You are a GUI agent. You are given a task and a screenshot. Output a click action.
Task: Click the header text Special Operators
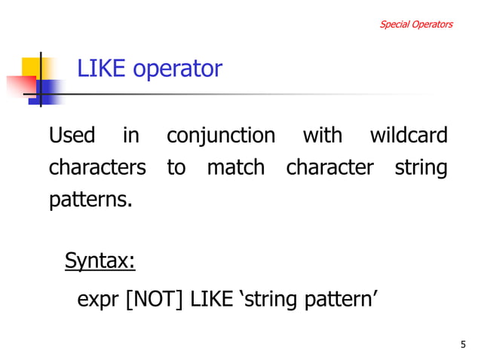(x=415, y=24)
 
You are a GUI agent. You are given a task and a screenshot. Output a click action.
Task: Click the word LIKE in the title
(x=101, y=69)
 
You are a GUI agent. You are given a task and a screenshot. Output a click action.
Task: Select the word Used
(x=72, y=136)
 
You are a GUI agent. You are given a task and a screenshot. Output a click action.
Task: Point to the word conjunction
(x=220, y=137)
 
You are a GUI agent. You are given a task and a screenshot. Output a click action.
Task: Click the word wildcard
(x=409, y=136)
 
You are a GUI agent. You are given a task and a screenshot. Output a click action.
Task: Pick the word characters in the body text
(x=97, y=167)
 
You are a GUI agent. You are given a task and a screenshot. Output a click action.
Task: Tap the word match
(x=235, y=167)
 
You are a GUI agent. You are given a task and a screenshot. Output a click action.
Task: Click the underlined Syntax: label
(x=100, y=261)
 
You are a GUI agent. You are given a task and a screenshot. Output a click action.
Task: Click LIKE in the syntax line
(x=212, y=299)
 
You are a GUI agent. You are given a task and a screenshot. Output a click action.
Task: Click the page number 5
(x=462, y=345)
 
